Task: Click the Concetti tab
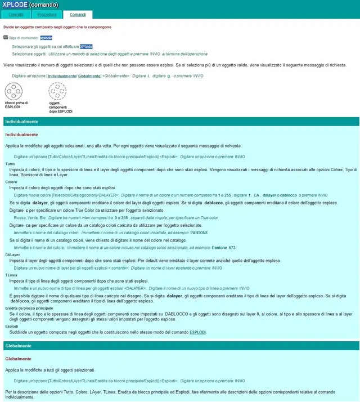[x=16, y=15]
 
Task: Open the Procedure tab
[x=47, y=15]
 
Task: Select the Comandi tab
[x=77, y=15]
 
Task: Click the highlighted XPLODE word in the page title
[x=15, y=5]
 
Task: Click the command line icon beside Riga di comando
[x=6, y=38]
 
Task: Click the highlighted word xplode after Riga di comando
[x=46, y=38]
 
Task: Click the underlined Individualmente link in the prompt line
[x=62, y=75]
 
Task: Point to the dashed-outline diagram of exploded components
[x=57, y=91]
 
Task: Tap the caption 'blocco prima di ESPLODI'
[x=16, y=105]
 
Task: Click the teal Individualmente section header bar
[x=180, y=122]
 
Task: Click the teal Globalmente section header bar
[x=180, y=345]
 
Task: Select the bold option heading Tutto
[x=10, y=164]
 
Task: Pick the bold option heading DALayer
[x=12, y=254]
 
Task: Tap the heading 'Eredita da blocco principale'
[x=29, y=309]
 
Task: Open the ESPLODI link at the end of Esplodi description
[x=197, y=333]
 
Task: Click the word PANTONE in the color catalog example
[x=199, y=232]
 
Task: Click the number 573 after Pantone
[x=232, y=248]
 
